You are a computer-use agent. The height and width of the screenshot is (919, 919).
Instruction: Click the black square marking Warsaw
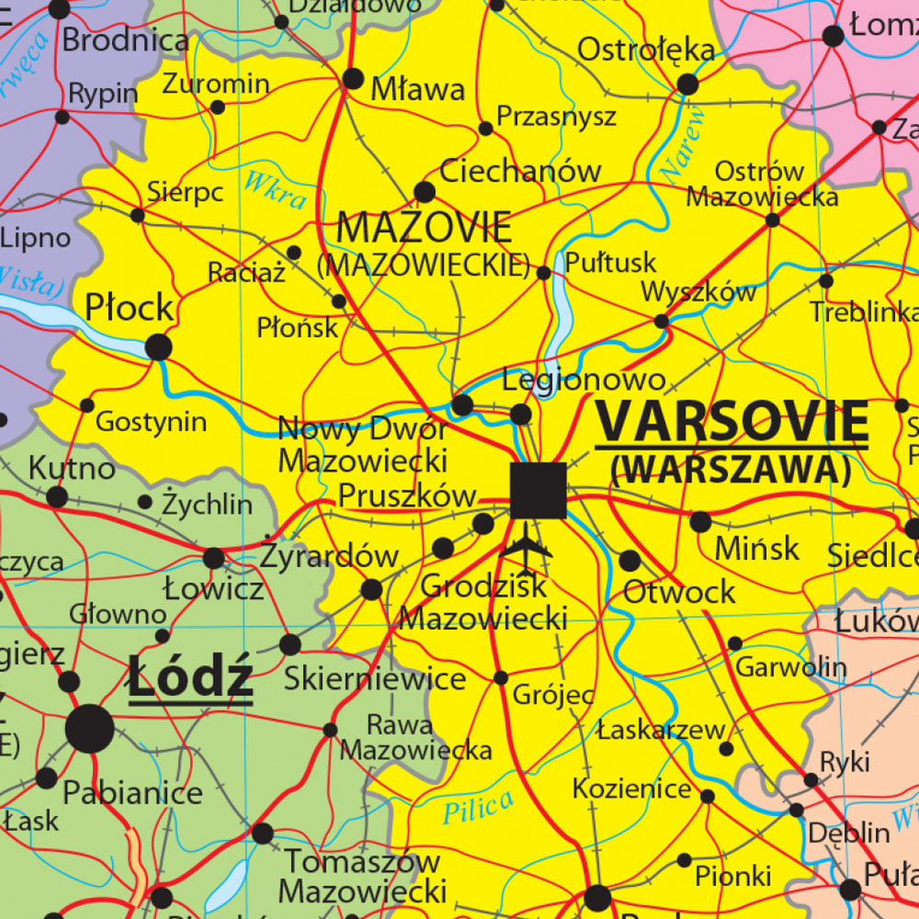[x=538, y=490]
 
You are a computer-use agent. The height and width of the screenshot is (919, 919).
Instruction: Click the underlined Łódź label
[x=190, y=678]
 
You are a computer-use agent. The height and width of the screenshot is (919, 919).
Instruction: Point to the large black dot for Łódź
[x=90, y=730]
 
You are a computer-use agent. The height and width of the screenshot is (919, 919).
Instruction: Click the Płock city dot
[x=159, y=347]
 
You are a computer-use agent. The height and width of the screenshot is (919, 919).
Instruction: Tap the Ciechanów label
[x=520, y=171]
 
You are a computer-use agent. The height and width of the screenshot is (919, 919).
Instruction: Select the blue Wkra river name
[x=275, y=189]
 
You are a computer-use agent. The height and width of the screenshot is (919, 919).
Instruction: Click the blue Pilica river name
[x=477, y=807]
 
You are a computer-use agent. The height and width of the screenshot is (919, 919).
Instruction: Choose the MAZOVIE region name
[x=424, y=226]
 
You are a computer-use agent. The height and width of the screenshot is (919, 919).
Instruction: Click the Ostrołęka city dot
[x=688, y=84]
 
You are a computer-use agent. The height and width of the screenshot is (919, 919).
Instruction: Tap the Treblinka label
[x=863, y=312]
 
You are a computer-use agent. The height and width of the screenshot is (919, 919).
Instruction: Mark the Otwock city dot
[x=630, y=560]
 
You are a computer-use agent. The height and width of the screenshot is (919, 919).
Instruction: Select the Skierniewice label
[x=375, y=679]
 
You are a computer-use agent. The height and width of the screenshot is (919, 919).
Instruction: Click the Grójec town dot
[x=500, y=678]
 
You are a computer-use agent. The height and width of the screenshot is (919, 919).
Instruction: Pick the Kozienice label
[x=632, y=789]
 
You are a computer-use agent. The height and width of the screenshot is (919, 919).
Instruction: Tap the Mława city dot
[x=353, y=78]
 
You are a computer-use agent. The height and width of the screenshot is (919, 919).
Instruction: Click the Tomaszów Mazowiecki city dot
[x=263, y=834]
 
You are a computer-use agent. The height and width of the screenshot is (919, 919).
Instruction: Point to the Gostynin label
[x=151, y=422]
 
